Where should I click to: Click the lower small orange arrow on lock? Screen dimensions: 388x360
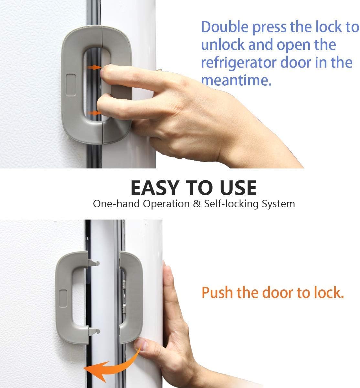(x=94, y=113)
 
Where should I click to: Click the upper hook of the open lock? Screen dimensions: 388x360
(x=94, y=263)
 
